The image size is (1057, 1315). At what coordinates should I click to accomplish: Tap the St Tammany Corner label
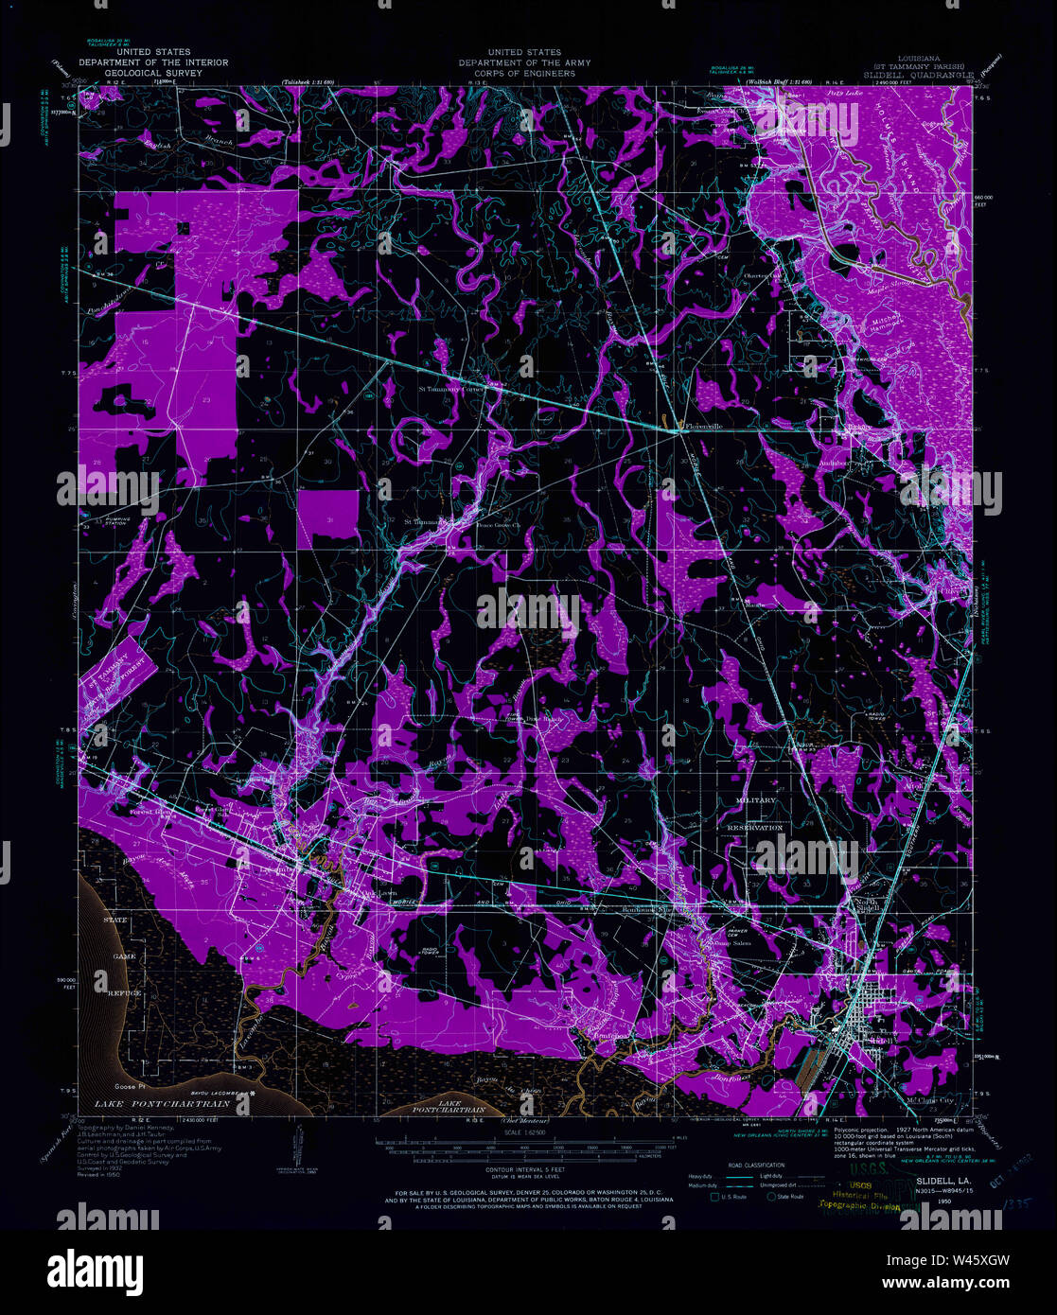click(x=450, y=388)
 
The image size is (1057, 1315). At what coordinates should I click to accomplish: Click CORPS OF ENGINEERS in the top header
click(x=523, y=73)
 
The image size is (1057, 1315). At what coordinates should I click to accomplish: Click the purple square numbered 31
click(x=327, y=520)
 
